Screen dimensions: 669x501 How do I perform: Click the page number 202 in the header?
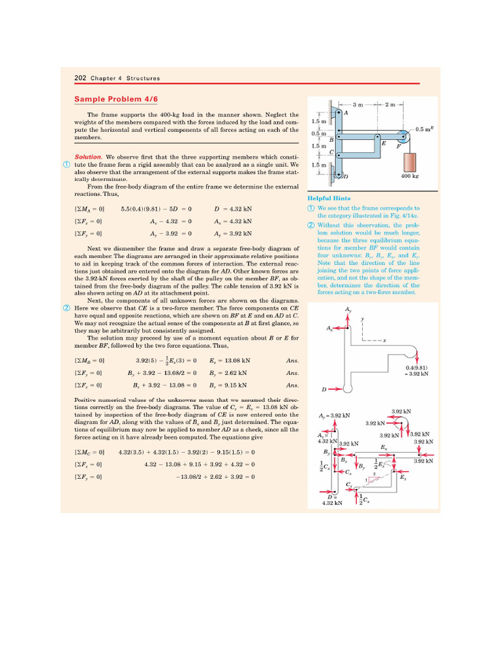pos(80,78)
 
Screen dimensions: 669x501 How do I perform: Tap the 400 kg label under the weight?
pos(410,176)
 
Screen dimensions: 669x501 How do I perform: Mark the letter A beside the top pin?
pos(345,112)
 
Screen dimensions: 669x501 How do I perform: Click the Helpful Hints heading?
pos(329,198)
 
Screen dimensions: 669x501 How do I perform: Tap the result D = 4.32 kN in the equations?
pos(233,209)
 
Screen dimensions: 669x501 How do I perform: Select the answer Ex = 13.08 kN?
pos(230,361)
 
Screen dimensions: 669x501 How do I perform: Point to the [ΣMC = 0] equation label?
pos(89,452)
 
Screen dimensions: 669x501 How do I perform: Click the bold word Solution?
pos(87,157)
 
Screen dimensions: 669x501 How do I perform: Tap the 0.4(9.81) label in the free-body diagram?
pos(416,368)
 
